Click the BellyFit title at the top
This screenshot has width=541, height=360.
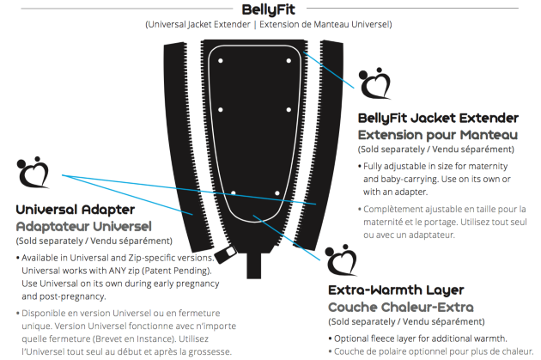point(268,9)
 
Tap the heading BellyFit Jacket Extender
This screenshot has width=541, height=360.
point(438,118)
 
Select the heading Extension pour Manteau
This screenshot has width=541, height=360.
point(438,135)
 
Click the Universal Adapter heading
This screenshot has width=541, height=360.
point(76,210)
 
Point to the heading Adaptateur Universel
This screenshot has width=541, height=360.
point(84,227)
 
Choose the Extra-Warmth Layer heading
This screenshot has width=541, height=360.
point(396,290)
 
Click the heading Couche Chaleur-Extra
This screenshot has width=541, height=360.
point(401,307)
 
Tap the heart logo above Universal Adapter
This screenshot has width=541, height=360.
point(33,172)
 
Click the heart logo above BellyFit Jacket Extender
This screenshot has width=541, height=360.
point(374,83)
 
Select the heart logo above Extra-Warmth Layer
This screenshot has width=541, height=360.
point(341,260)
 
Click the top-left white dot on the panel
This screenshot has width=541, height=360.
point(221,61)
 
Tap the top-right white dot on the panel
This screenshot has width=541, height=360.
point(289,61)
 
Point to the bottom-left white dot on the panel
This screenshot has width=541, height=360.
point(234,193)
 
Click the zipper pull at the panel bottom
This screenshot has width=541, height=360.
point(225,254)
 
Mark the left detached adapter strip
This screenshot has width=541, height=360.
point(188,145)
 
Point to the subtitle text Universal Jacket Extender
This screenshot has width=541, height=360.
point(198,25)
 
